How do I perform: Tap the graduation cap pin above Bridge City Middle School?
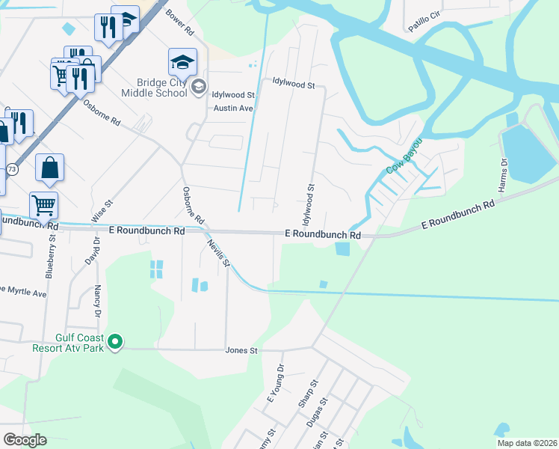tap(182, 61)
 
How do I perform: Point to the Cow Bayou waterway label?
tap(404, 156)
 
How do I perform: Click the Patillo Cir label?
tap(424, 26)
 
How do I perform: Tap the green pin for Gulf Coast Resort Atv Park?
tap(114, 343)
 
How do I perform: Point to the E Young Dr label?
tap(274, 383)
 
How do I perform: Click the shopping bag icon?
tap(49, 169)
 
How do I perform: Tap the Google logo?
tap(25, 440)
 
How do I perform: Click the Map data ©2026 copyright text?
tap(526, 443)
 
